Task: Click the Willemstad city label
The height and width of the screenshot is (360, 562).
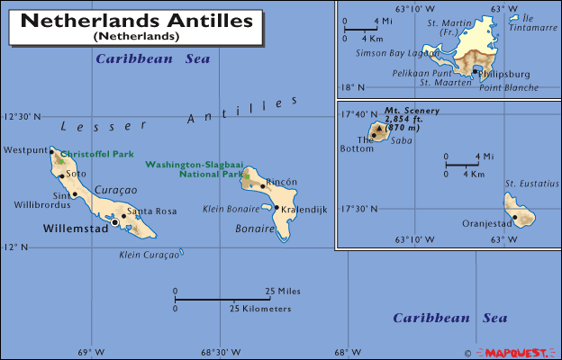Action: (x=76, y=229)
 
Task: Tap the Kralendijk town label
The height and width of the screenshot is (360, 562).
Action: (x=304, y=210)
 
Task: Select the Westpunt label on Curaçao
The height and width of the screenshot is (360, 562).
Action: (x=24, y=149)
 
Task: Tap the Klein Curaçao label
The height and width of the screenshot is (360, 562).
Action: (x=149, y=255)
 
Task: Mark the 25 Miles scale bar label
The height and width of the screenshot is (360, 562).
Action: (x=282, y=291)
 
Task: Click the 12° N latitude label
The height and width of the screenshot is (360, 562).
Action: (x=14, y=246)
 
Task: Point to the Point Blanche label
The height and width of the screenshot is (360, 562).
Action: (x=509, y=87)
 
